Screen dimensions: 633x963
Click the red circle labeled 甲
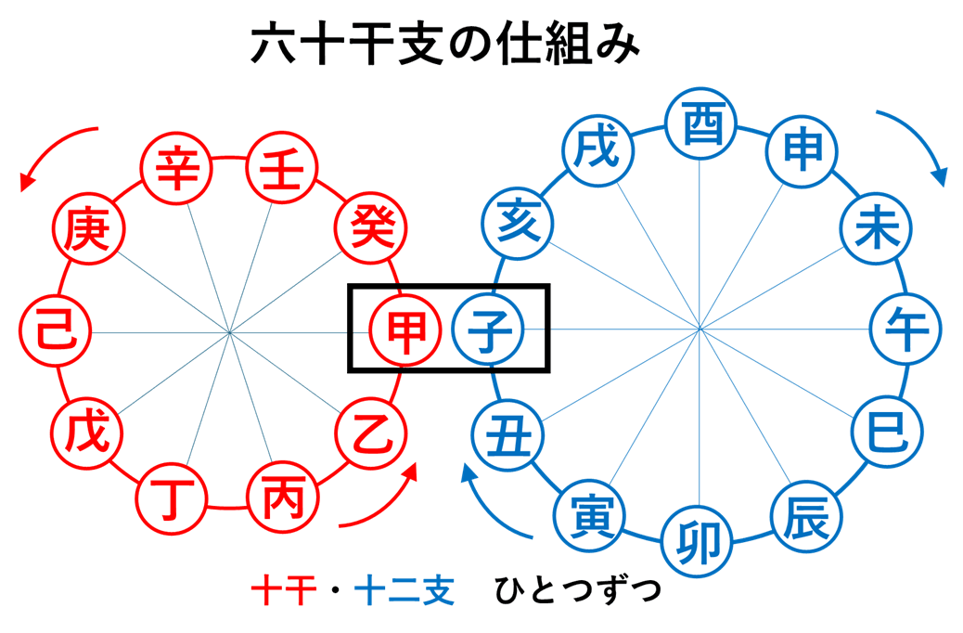click(x=404, y=329)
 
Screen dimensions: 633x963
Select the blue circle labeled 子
click(x=488, y=329)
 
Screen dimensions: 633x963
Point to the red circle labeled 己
click(x=55, y=330)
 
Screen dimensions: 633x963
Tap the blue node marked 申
click(x=802, y=151)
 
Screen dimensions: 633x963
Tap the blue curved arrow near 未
click(x=914, y=139)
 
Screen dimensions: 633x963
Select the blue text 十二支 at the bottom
click(x=404, y=590)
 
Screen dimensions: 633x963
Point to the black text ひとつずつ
click(x=577, y=590)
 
